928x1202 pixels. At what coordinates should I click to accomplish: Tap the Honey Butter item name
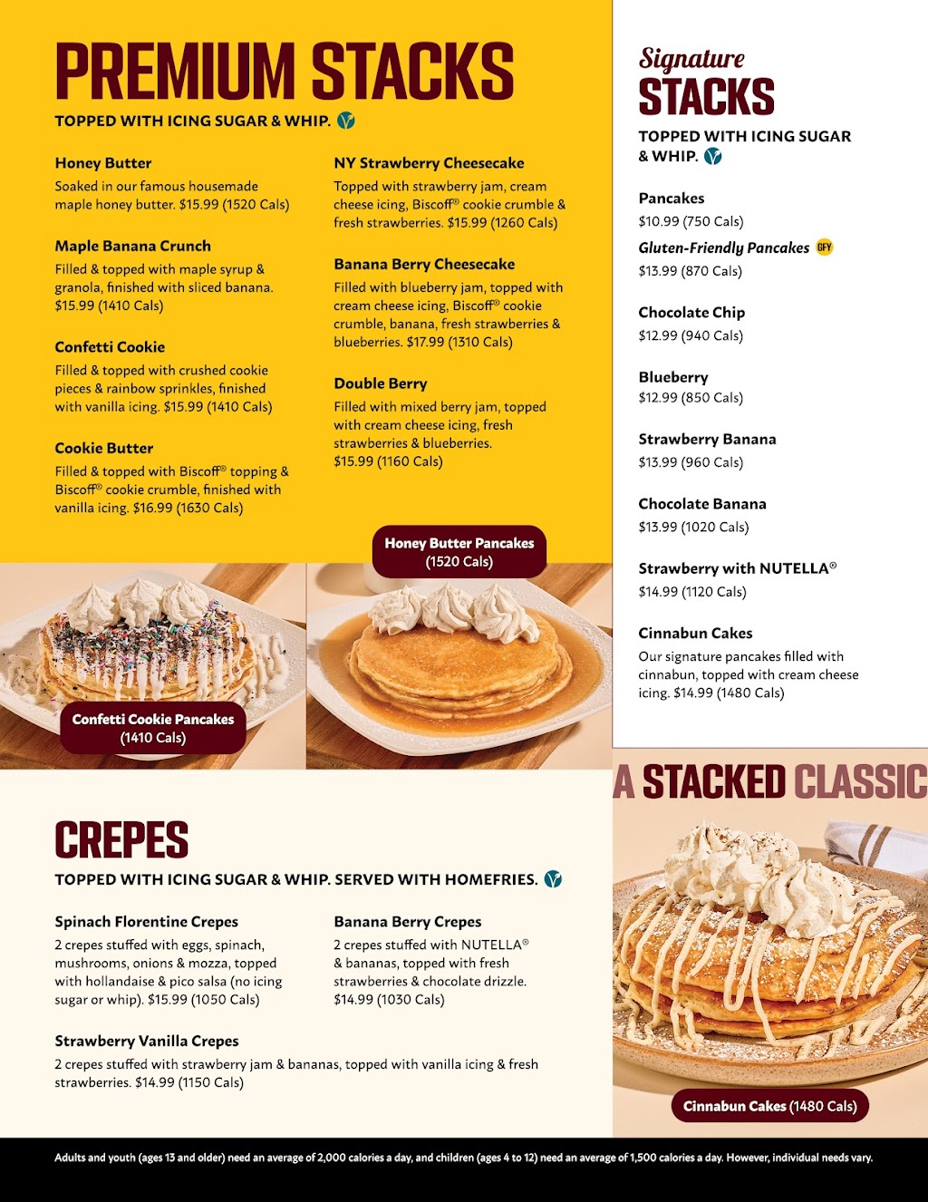pyautogui.click(x=103, y=163)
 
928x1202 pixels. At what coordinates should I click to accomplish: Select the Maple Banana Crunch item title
pyautogui.click(x=132, y=246)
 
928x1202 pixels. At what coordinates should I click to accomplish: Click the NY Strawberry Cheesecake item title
pyautogui.click(x=429, y=163)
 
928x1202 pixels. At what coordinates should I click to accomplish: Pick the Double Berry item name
pyautogui.click(x=380, y=383)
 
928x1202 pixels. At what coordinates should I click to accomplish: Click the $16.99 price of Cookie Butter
pyautogui.click(x=152, y=508)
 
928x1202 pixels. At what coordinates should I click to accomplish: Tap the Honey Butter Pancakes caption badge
pyautogui.click(x=459, y=551)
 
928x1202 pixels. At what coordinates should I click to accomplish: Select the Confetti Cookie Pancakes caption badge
pyautogui.click(x=153, y=727)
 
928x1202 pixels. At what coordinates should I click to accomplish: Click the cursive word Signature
pyautogui.click(x=691, y=59)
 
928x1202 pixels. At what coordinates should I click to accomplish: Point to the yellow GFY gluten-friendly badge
pyautogui.click(x=824, y=247)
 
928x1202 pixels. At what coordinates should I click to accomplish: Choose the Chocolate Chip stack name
pyautogui.click(x=691, y=313)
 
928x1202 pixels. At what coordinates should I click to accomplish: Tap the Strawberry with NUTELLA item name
pyautogui.click(x=737, y=568)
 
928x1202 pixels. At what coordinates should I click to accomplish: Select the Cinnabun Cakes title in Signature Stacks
pyautogui.click(x=695, y=633)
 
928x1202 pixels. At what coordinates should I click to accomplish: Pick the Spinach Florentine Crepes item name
pyautogui.click(x=146, y=922)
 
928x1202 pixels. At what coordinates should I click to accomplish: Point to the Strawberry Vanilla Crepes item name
pyautogui.click(x=147, y=1041)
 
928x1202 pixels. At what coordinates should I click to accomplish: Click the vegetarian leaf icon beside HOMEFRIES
pyautogui.click(x=553, y=879)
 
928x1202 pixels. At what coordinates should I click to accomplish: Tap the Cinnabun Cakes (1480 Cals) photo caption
pyautogui.click(x=769, y=1106)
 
